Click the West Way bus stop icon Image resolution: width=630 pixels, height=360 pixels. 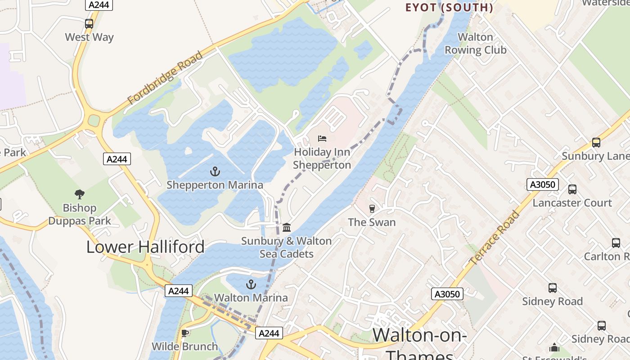pos(89,24)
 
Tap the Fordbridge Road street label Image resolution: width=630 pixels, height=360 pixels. pos(165,78)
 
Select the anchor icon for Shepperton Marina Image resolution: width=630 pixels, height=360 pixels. pos(215,171)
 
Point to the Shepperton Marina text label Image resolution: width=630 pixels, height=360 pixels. pos(215,185)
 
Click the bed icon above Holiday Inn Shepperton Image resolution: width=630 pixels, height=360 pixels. pos(322,139)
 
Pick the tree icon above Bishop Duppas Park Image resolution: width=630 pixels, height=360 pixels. pos(80,194)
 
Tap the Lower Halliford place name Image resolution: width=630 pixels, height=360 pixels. pos(145,247)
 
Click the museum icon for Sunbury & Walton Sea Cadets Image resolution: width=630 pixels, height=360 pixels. pos(287,228)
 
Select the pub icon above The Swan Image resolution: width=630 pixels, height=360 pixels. pos(372,209)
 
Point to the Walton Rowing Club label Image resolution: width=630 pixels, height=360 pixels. pos(475,44)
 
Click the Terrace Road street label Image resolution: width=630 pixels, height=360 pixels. pos(494,238)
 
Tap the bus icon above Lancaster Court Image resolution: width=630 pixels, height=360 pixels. pos(572,189)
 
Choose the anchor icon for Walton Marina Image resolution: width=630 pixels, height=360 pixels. pos(251,284)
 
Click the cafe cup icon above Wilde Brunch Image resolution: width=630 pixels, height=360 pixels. pos(184,333)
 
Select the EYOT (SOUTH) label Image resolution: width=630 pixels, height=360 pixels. pos(449,8)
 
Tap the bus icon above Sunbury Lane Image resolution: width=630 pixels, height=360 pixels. pos(596,143)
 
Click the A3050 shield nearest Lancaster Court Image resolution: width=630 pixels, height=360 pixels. pos(542,184)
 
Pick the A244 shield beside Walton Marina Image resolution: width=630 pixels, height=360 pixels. pos(179,291)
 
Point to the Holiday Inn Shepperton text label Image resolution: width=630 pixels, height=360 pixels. pos(322,159)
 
